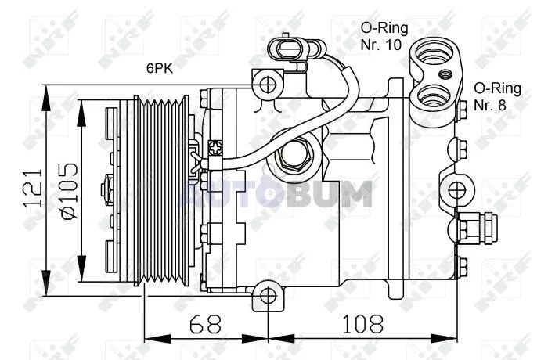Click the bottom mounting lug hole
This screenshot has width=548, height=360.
click(269, 297)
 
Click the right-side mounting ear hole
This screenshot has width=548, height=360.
click(456, 188)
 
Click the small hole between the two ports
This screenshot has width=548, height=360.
click(445, 75)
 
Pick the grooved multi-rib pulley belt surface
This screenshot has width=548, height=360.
click(161, 189)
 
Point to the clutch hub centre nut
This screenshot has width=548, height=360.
click(107, 189)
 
